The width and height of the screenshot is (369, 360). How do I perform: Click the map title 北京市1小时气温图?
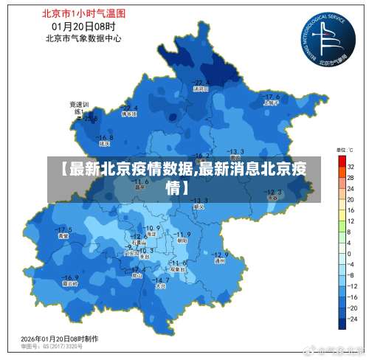point(83,13)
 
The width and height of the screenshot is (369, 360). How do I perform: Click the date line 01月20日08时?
point(83,26)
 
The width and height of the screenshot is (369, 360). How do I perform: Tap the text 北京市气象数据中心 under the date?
point(83,38)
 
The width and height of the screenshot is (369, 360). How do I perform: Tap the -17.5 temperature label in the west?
point(64,229)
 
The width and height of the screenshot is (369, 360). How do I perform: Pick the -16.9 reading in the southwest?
point(70,274)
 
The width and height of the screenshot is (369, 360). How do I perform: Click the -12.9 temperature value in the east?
point(221,252)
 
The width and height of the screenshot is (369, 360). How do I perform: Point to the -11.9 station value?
point(182,234)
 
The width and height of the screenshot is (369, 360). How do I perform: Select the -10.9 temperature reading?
point(153,227)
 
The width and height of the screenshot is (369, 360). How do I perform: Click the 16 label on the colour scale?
point(352,210)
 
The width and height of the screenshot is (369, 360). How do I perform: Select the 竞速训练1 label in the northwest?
point(79,108)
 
